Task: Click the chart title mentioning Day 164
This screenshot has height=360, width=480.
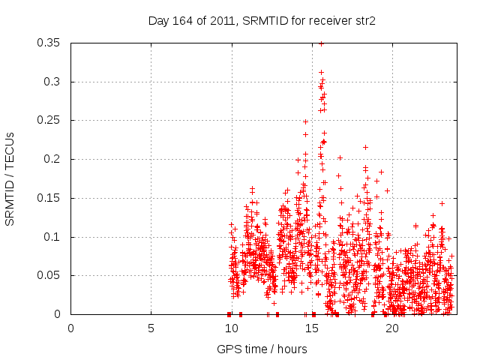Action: point(262,21)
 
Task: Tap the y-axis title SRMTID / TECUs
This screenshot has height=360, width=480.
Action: point(10,178)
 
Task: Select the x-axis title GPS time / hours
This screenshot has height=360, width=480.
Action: point(262,349)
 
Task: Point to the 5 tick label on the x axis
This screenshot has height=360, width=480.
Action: point(151,328)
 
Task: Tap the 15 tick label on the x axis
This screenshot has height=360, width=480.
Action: point(311,328)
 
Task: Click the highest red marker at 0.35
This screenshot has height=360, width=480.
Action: point(322,43)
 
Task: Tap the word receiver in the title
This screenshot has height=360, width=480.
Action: point(322,21)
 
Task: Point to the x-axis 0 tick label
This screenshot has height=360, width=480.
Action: point(70,328)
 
